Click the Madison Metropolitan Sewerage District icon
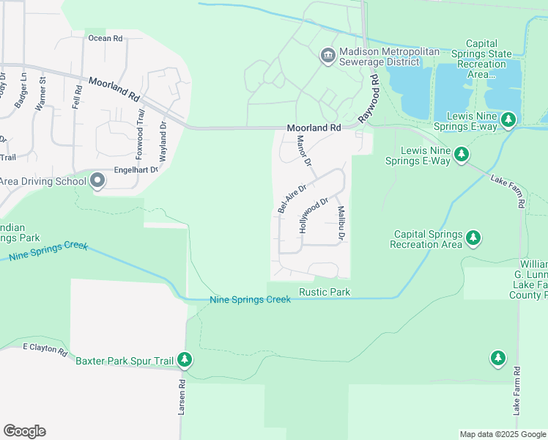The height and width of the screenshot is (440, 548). [x=327, y=55]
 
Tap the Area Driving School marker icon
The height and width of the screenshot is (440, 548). [x=97, y=181]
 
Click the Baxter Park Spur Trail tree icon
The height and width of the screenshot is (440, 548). [x=185, y=359]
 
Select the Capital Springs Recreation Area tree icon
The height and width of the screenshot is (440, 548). [x=473, y=238]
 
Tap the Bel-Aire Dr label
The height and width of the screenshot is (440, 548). [x=292, y=199]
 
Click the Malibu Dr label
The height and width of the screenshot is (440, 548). [x=341, y=224]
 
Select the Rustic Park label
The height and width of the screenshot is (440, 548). [x=325, y=293]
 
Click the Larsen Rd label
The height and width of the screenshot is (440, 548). [x=182, y=400]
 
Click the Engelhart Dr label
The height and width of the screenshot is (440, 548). [x=136, y=170]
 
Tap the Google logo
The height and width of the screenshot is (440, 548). [x=24, y=431]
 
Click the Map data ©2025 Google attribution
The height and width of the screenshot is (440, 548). [x=502, y=434]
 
